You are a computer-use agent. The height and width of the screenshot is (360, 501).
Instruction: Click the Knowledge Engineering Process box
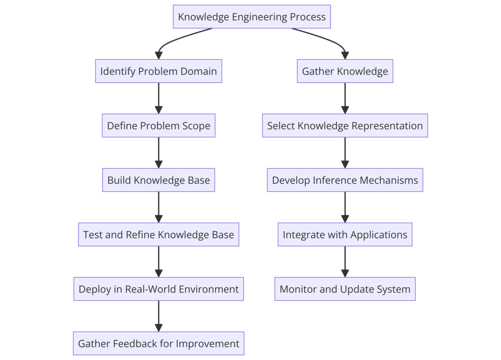(251, 17)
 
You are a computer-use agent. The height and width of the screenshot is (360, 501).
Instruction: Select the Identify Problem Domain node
(159, 71)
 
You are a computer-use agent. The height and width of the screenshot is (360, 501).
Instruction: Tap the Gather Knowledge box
(345, 71)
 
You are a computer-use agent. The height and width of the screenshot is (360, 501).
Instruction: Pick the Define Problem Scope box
(159, 126)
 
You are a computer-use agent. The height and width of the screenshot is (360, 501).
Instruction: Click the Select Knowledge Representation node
(345, 126)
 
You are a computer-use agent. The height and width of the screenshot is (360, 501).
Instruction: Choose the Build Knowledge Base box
(159, 180)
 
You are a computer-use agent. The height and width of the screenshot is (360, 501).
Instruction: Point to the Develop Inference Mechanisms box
(345, 180)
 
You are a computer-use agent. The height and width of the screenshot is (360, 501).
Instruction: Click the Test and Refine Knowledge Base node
(159, 234)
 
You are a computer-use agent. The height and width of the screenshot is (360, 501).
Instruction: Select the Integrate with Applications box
(345, 234)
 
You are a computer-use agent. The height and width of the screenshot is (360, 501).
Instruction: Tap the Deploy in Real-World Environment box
(159, 289)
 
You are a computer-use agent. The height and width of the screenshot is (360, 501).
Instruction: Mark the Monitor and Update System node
(345, 289)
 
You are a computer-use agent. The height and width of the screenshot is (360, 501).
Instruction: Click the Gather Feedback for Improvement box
(159, 343)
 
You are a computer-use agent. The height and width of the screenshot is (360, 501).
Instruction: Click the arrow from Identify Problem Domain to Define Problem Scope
(159, 98)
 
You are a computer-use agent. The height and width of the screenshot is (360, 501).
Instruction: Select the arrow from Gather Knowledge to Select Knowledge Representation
(345, 98)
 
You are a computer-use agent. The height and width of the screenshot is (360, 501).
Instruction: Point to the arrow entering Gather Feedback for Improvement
(159, 316)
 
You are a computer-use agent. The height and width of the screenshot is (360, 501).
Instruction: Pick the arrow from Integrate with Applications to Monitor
(345, 261)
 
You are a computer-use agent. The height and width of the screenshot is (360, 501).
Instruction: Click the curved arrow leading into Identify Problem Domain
(173, 40)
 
